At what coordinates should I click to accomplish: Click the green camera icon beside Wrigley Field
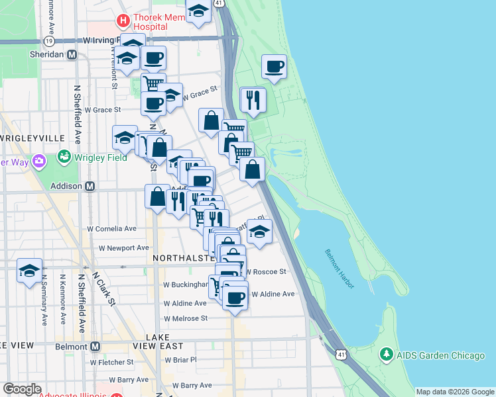pyautogui.click(x=64, y=157)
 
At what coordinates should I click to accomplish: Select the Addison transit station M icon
pyautogui.click(x=90, y=186)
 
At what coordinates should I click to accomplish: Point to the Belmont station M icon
pyautogui.click(x=95, y=346)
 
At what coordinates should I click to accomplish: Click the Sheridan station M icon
pyautogui.click(x=71, y=55)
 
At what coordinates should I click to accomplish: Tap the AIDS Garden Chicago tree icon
pyautogui.click(x=386, y=355)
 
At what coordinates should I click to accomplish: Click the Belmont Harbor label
pyautogui.click(x=340, y=268)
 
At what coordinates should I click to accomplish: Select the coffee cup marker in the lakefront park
pyautogui.click(x=274, y=67)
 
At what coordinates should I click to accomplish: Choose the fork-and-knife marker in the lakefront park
pyautogui.click(x=253, y=99)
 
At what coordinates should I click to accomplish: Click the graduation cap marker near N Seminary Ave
pyautogui.click(x=29, y=271)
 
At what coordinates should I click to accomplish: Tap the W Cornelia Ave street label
pyautogui.click(x=112, y=228)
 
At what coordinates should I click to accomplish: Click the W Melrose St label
pyautogui.click(x=186, y=318)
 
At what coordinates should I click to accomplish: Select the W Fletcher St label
pyautogui.click(x=111, y=362)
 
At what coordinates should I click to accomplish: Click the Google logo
pyautogui.click(x=23, y=389)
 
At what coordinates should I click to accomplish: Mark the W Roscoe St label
pyautogui.click(x=265, y=271)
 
